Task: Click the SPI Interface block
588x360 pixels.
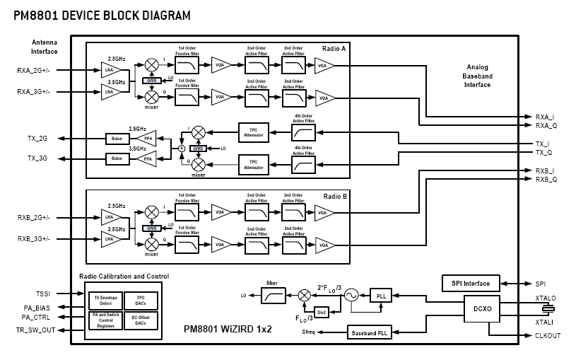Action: pyautogui.click(x=471, y=284)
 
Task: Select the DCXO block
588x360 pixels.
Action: pyautogui.click(x=483, y=309)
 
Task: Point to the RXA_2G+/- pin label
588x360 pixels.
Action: pyautogui.click(x=33, y=71)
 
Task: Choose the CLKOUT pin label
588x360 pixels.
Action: pyautogui.click(x=548, y=335)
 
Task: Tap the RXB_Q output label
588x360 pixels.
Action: pyautogui.click(x=547, y=180)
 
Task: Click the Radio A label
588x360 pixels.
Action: pyautogui.click(x=334, y=50)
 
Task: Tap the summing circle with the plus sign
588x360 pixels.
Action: pyautogui.click(x=182, y=149)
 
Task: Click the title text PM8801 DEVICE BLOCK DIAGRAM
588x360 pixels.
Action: pyautogui.click(x=102, y=14)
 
